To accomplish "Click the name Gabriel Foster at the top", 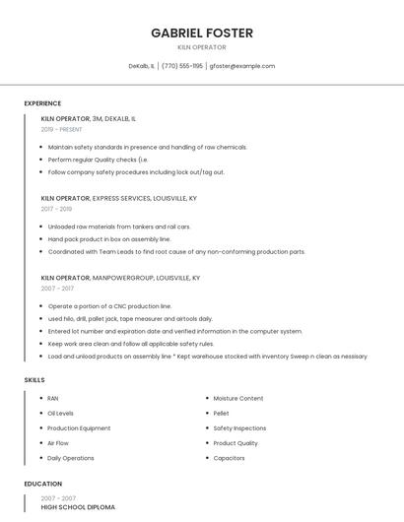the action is click(x=202, y=33).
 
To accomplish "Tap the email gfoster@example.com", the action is click(x=241, y=66).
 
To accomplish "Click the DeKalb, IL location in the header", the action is click(x=142, y=66).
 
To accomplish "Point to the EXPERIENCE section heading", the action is click(x=42, y=103).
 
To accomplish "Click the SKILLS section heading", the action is click(x=34, y=379).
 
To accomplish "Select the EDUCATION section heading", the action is click(x=43, y=484).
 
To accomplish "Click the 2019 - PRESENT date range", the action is click(x=62, y=129).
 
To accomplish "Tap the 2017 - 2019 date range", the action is click(x=56, y=209).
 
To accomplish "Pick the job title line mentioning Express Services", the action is click(x=118, y=198).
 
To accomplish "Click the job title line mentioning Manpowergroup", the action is click(x=120, y=278).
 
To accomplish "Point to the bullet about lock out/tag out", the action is click(x=136, y=172).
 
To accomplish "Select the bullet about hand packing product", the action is click(x=109, y=239).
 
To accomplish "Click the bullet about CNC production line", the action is click(x=109, y=306).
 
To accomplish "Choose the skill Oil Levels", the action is click(x=60, y=414).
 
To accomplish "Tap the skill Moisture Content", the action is click(x=237, y=399).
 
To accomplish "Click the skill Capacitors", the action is click(x=229, y=458).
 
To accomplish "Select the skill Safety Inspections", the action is click(x=239, y=428).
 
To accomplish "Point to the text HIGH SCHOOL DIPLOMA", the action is click(x=78, y=507).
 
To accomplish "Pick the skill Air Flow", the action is click(x=57, y=443).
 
